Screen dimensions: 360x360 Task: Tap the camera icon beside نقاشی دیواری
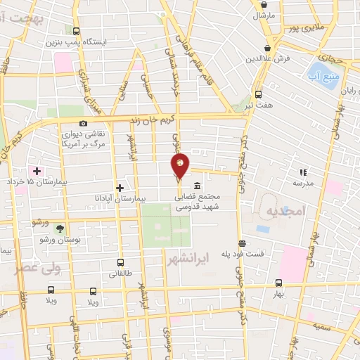[84, 124]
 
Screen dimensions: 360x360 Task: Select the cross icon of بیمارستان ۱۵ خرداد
[37, 171]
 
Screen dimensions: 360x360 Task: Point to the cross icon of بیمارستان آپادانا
[120, 188]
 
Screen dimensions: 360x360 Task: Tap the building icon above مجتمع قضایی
[195, 186]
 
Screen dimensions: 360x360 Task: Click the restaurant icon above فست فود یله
[242, 243]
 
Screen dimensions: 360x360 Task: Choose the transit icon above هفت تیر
[258, 94]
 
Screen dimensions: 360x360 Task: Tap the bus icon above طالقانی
[120, 262]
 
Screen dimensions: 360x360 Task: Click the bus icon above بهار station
[279, 283]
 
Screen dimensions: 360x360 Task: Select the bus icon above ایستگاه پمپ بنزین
[77, 30]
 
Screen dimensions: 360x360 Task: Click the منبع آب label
[323, 73]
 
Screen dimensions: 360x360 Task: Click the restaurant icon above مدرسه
[303, 172]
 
